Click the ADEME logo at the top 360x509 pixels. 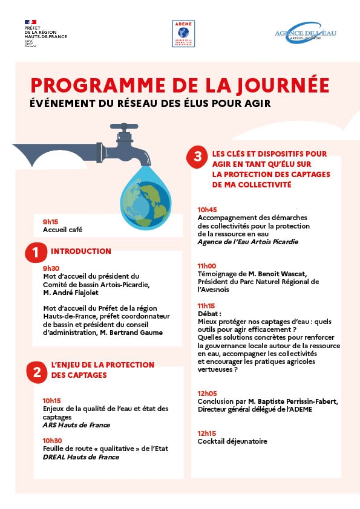pyautogui.click(x=183, y=34)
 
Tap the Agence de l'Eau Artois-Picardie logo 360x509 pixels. pyautogui.click(x=306, y=35)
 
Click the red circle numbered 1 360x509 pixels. pyautogui.click(x=36, y=253)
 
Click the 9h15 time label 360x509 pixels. pyautogui.click(x=50, y=222)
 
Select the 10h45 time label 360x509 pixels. pyautogui.click(x=207, y=210)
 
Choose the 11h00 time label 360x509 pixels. pyautogui.click(x=207, y=265)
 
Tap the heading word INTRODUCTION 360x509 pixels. pyautogui.click(x=81, y=251)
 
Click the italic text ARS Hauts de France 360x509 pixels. pyautogui.click(x=76, y=425)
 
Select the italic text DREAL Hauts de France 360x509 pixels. pyautogui.click(x=80, y=457)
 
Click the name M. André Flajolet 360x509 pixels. pyautogui.click(x=72, y=293)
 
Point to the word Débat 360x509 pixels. pyautogui.click(x=209, y=314)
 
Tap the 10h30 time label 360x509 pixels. pyautogui.click(x=52, y=441)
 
